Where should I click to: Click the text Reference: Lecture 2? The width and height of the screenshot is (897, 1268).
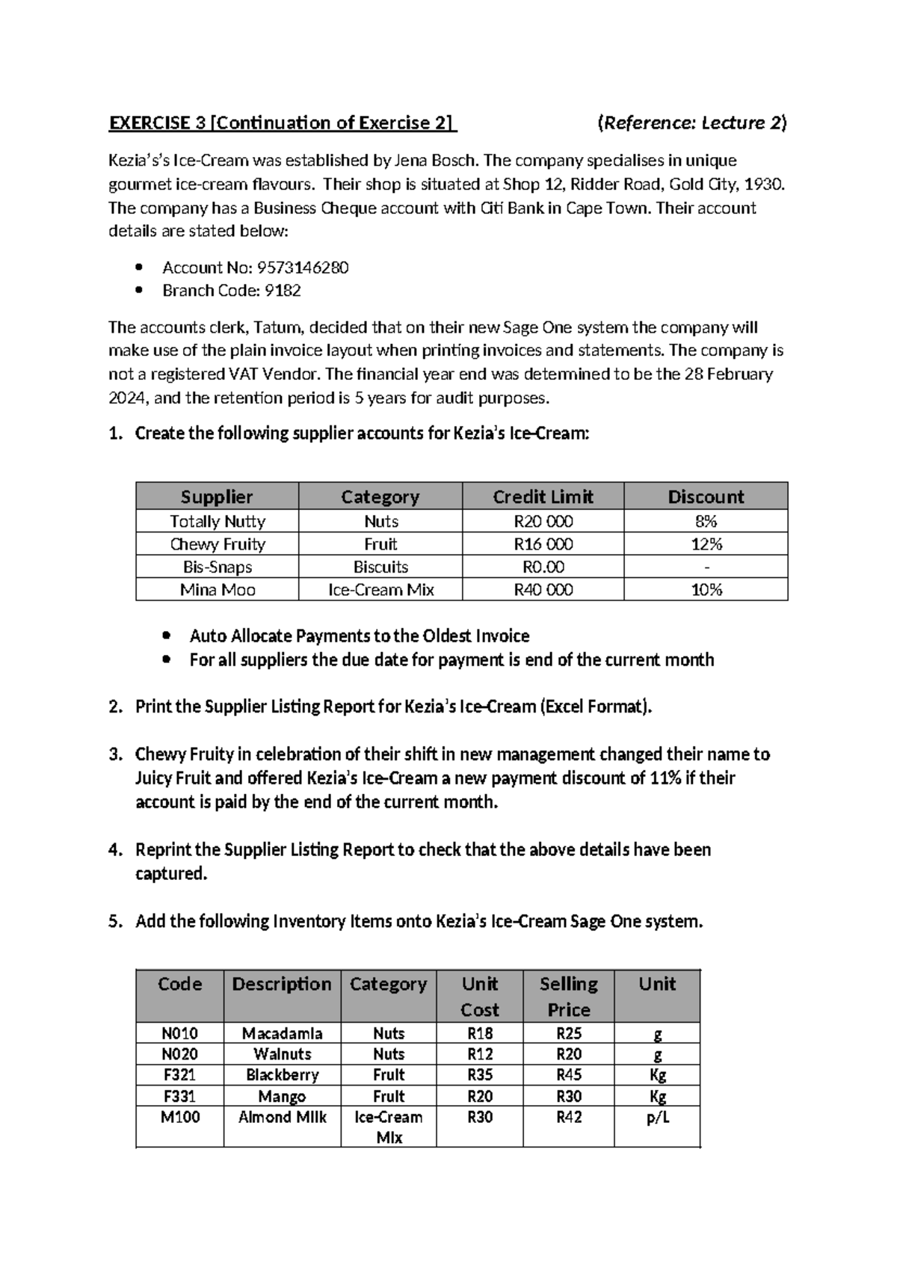coord(692,123)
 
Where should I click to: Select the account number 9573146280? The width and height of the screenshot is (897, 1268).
coord(302,268)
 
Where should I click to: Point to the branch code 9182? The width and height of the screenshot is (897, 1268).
coord(283,291)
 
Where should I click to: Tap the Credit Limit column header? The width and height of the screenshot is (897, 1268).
coord(543,496)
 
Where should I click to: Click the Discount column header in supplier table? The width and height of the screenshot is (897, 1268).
coord(706,496)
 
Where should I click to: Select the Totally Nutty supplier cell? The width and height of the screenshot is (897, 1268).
coord(218,521)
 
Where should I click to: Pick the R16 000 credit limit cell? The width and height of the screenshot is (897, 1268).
coord(543,544)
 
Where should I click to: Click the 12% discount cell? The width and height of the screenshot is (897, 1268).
coord(706,544)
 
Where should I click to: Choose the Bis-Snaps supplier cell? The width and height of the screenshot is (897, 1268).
coord(218,567)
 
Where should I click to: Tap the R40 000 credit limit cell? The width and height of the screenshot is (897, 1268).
coord(543,590)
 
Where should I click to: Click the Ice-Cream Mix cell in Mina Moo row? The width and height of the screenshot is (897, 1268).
coord(380,590)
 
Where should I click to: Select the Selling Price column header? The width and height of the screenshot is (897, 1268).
coord(569,996)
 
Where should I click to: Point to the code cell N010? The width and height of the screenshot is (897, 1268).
coord(180,1033)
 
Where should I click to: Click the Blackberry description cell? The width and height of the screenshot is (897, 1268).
coord(282,1075)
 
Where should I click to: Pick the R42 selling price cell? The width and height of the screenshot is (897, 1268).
coord(569,1117)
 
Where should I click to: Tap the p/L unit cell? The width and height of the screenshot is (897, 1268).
coord(657,1117)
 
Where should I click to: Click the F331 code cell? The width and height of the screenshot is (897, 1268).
coord(180,1096)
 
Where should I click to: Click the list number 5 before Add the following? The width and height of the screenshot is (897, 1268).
coord(114,922)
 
